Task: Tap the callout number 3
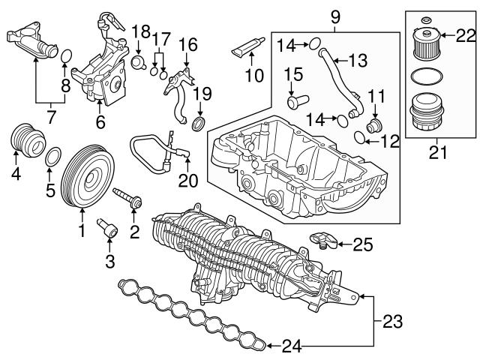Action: tap(109, 261)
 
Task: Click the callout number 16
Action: tap(187, 44)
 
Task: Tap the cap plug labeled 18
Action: tap(139, 60)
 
